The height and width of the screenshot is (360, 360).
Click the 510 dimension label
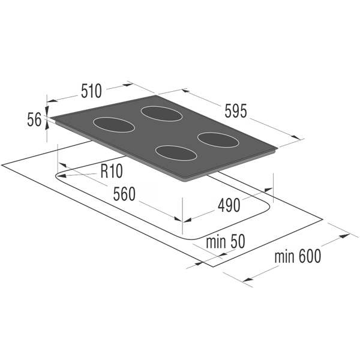[91, 91]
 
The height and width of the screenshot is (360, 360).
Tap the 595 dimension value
[236, 111]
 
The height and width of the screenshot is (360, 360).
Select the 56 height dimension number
[34, 119]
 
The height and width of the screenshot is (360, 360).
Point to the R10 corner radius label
[112, 171]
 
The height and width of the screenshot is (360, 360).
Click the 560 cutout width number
[124, 194]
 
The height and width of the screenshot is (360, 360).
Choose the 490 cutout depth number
[229, 205]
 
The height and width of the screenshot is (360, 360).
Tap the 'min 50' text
[226, 242]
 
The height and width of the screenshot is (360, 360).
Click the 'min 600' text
[298, 256]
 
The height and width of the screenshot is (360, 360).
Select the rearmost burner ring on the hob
[161, 114]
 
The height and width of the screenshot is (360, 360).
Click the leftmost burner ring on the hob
[114, 125]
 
